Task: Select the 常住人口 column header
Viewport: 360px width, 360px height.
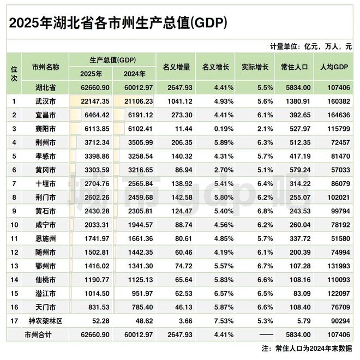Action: [295, 67]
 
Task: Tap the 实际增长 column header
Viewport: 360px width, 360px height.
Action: [254, 67]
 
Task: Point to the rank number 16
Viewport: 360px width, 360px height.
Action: [13, 308]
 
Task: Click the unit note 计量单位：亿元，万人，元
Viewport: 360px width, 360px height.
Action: [310, 46]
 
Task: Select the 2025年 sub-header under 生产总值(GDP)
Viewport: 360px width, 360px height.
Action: [91, 74]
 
